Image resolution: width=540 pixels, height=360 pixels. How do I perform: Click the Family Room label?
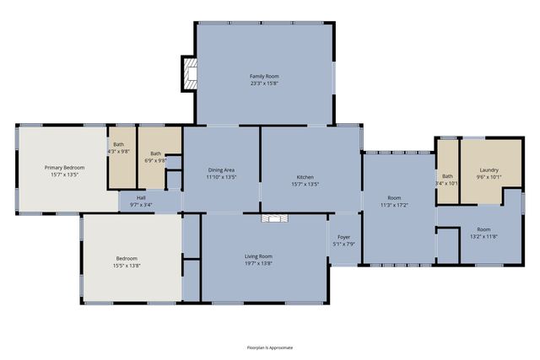pyautogui.click(x=264, y=76)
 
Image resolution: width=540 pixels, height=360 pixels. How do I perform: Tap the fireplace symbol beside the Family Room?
pyautogui.click(x=191, y=74)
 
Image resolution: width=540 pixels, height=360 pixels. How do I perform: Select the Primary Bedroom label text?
pyautogui.click(x=64, y=168)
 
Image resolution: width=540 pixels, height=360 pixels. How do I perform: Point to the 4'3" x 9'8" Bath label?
pyautogui.click(x=119, y=148)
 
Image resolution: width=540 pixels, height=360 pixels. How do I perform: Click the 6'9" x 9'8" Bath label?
pyautogui.click(x=156, y=156)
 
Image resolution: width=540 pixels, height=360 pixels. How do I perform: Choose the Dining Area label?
pyautogui.click(x=221, y=174)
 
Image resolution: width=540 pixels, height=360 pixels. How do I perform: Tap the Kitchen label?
pyautogui.click(x=305, y=177)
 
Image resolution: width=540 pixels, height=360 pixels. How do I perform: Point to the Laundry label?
pyautogui.click(x=490, y=169)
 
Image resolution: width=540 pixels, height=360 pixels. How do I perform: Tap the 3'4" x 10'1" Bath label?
pyautogui.click(x=446, y=179)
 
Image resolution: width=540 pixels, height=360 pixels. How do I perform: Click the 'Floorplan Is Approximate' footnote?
pyautogui.click(x=270, y=347)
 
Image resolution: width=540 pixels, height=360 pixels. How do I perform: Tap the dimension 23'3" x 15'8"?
pyautogui.click(x=264, y=83)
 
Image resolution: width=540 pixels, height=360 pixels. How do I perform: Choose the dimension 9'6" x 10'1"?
pyautogui.click(x=490, y=177)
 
